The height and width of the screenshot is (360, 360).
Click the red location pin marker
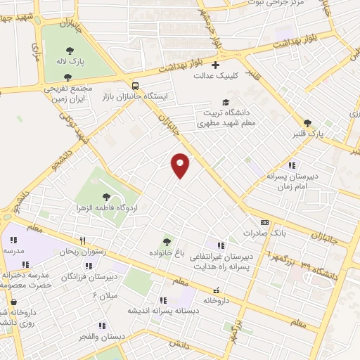point(181,165)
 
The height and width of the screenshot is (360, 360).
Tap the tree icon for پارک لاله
point(70,49)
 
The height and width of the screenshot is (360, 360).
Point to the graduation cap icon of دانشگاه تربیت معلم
point(226,103)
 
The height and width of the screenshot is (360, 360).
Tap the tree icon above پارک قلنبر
point(308,122)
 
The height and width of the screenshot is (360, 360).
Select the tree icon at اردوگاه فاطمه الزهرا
point(106,198)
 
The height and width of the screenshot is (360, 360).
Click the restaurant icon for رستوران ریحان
point(82,240)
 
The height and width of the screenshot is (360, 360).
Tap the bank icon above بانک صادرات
point(264,221)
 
